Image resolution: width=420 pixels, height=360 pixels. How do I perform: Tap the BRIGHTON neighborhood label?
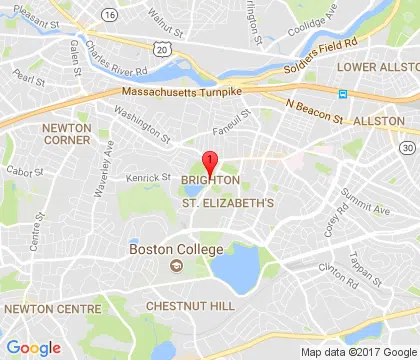(x=210, y=180)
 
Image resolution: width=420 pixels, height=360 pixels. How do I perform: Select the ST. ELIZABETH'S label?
(x=227, y=203)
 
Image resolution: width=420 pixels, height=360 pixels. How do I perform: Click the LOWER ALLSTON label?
(x=376, y=67)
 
